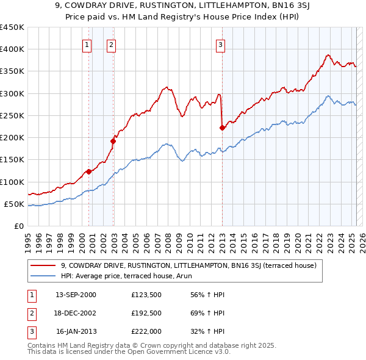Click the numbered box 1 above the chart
pos(87,44)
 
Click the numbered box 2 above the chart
pos(112,44)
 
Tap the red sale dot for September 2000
pos(89,171)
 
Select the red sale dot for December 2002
pos(113,141)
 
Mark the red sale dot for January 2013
pos(222,128)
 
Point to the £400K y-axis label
pos(12,49)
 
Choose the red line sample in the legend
pos(44,265)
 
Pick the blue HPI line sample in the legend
pos(44,275)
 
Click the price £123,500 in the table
pos(146,295)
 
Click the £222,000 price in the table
pos(146,331)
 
